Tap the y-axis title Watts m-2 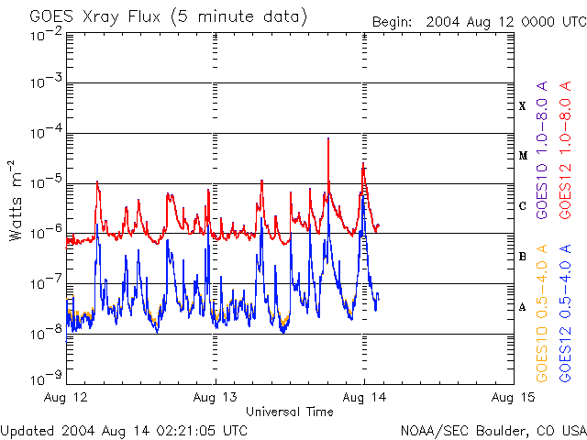click(x=17, y=201)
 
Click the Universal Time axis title click(x=289, y=412)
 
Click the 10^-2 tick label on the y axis click(x=46, y=34)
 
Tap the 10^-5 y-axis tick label click(x=46, y=182)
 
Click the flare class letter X click(x=523, y=106)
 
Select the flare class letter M click(x=523, y=156)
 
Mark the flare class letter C click(x=523, y=206)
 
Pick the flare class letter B click(x=523, y=257)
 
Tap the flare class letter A click(x=523, y=307)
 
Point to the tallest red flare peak click(x=327, y=139)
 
